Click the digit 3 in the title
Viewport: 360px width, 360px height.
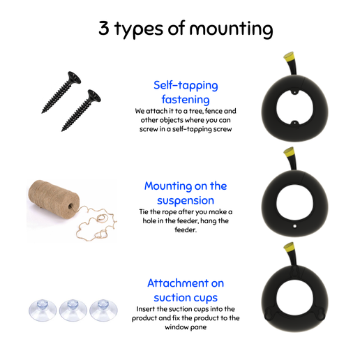point(104,28)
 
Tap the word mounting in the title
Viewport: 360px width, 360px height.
point(231,29)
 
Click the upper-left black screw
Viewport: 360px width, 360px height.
point(61,92)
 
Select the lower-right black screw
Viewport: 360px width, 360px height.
point(81,110)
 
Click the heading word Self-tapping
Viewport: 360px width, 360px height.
point(186,86)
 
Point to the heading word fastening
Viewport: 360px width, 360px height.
point(186,100)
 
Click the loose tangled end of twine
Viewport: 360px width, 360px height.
point(96,224)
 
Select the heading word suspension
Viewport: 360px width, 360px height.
point(186,201)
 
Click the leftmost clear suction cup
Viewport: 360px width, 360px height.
point(43,310)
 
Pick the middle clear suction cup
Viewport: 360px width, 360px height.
point(73,310)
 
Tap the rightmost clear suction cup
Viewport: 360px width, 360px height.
point(103,310)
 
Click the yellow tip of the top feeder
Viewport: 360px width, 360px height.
point(289,57)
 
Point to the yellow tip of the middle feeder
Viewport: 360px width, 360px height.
point(289,152)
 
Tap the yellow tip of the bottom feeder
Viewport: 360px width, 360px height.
point(289,248)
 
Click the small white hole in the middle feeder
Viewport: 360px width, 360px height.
point(294,226)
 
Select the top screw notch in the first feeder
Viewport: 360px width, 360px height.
point(294,91)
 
